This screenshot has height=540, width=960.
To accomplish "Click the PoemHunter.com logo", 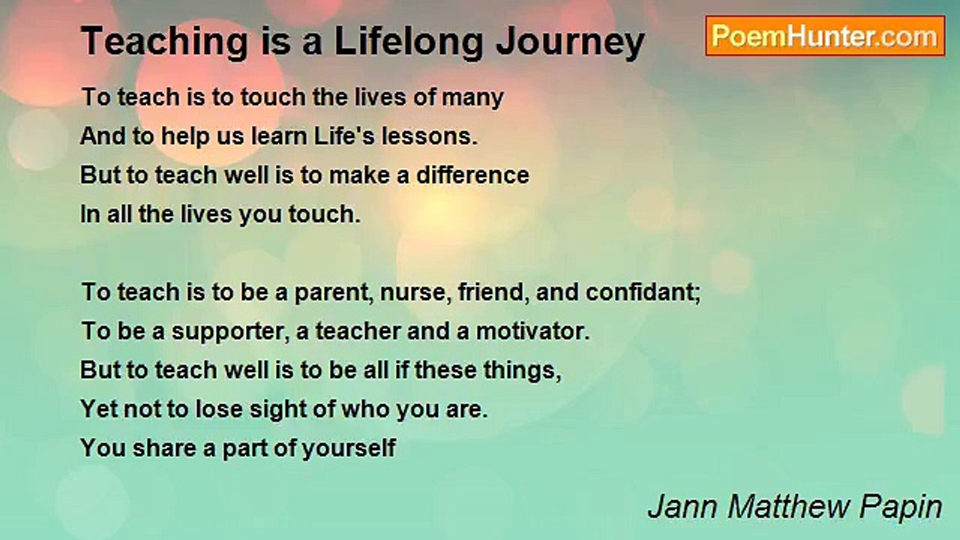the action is pos(825,36).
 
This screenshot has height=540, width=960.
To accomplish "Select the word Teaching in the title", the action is pos(164,41).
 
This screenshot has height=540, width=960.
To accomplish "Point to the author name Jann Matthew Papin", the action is pos(794,507).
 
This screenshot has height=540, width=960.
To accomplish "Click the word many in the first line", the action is pos(472,98).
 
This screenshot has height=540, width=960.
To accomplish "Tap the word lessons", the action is pos(430,136).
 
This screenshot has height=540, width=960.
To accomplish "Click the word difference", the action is pos(472,175).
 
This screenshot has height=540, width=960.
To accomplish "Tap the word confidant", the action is pos(643,292).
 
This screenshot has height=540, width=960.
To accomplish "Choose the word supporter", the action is pos(230,332).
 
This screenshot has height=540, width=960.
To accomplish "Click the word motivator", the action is pos(532,331).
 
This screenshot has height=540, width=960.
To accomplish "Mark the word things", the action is pos(523,371).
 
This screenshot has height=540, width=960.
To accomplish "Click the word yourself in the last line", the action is pos(349,448).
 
